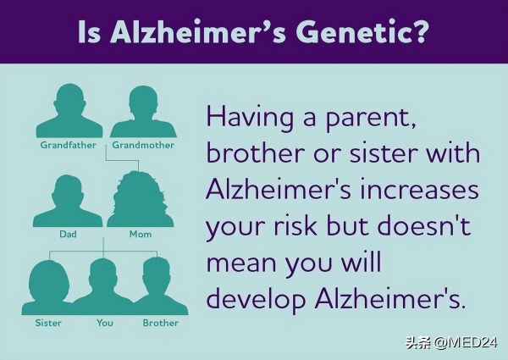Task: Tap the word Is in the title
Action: pos(90,32)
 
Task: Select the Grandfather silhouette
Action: pos(69,111)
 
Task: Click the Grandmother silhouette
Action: pos(143,112)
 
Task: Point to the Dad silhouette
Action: pos(68,201)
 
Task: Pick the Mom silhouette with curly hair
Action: pos(140,199)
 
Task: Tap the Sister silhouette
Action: pos(48,287)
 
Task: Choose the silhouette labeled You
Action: pos(103,287)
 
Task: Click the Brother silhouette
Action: pos(159,286)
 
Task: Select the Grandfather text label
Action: pos(69,145)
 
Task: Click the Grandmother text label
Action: pos(143,145)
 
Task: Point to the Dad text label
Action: pos(68,234)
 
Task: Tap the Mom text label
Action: pos(141,234)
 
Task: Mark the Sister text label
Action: pos(48,323)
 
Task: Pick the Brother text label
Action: pos(161,323)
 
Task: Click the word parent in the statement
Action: pos(371,119)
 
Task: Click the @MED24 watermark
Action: pos(466,342)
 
